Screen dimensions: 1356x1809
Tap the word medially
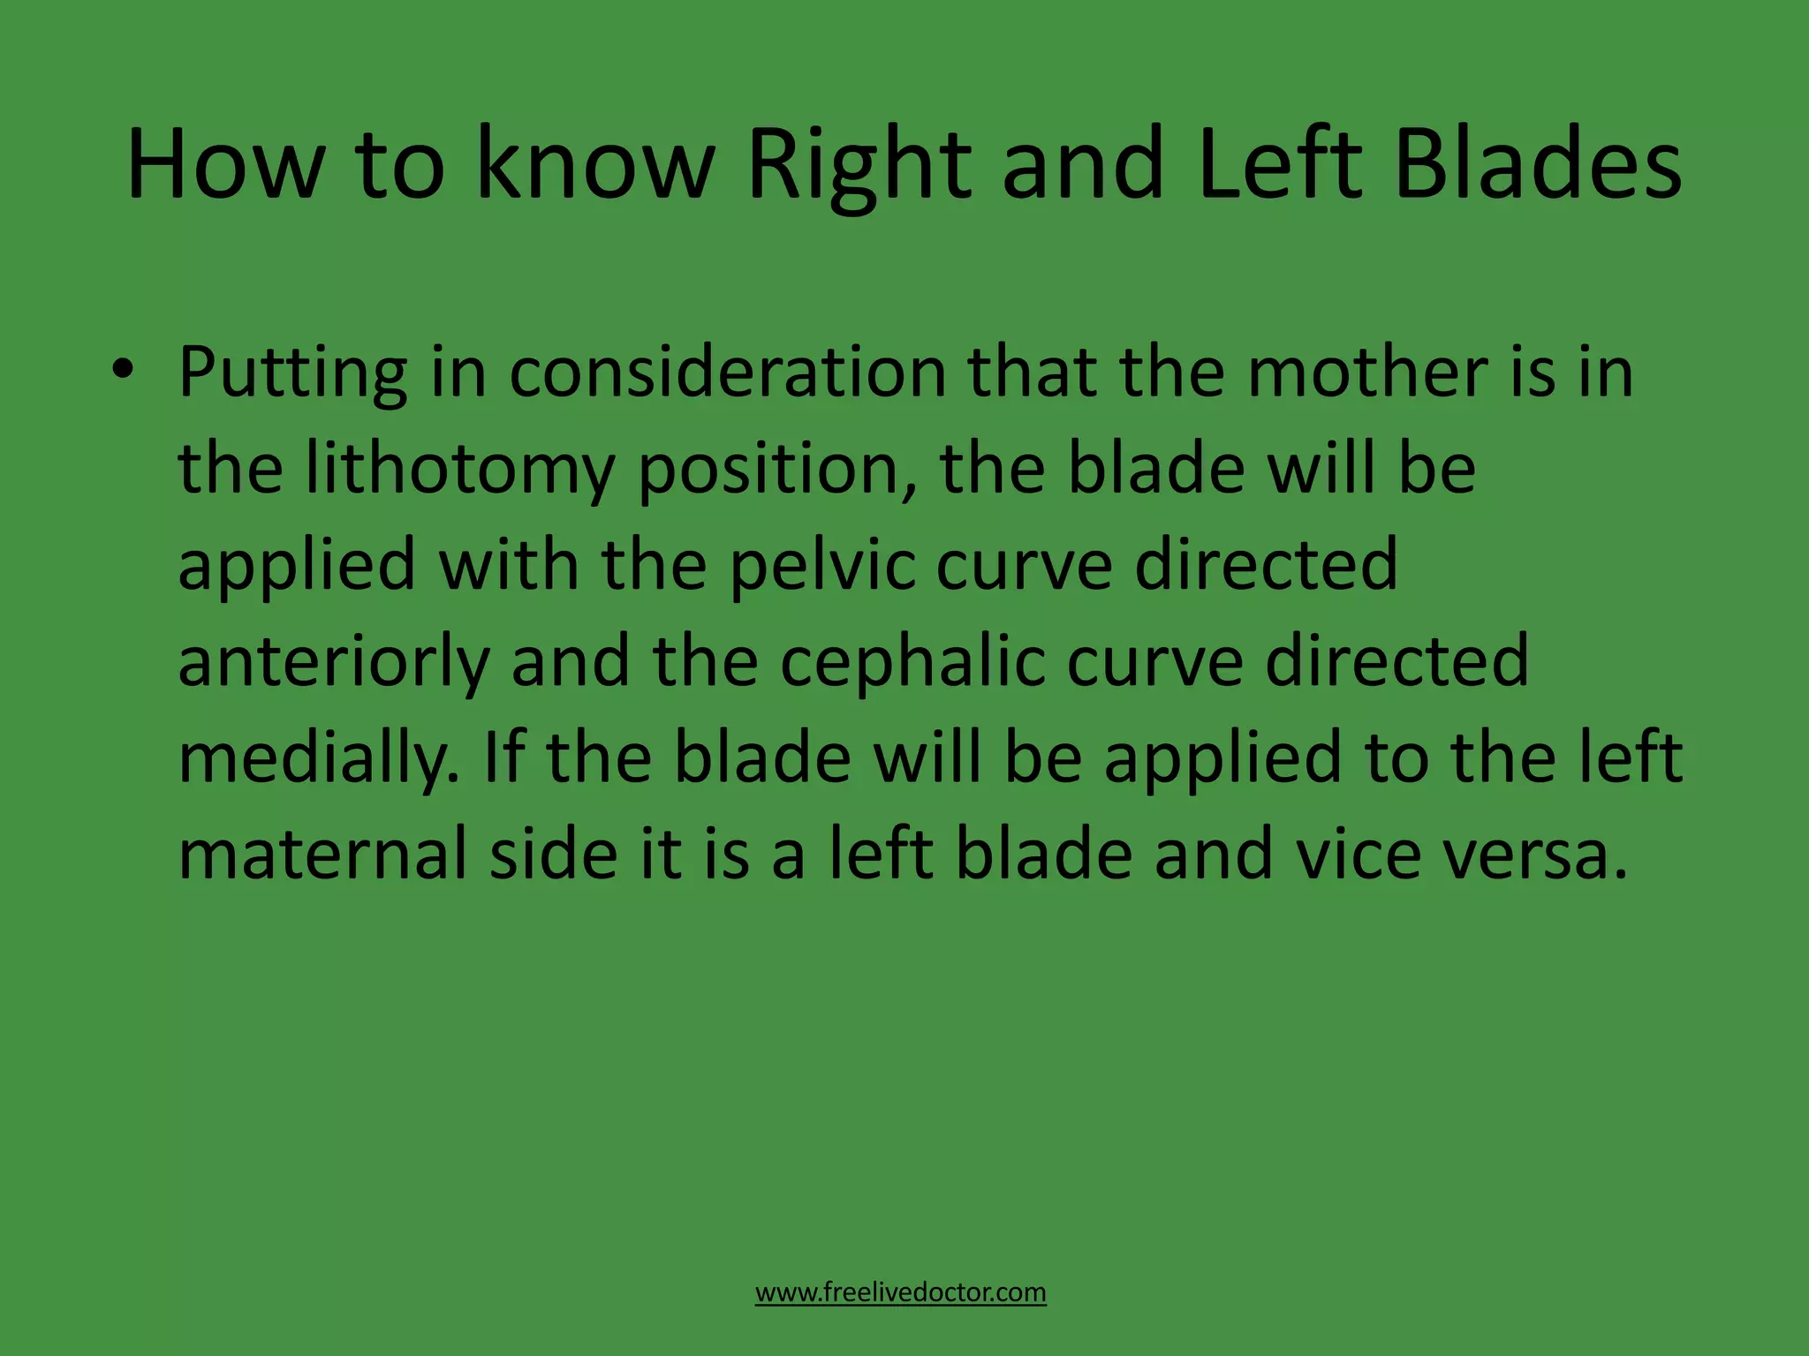(x=319, y=759)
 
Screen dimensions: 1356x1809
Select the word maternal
(x=322, y=854)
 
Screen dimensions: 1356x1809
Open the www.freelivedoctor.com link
(x=900, y=1292)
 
